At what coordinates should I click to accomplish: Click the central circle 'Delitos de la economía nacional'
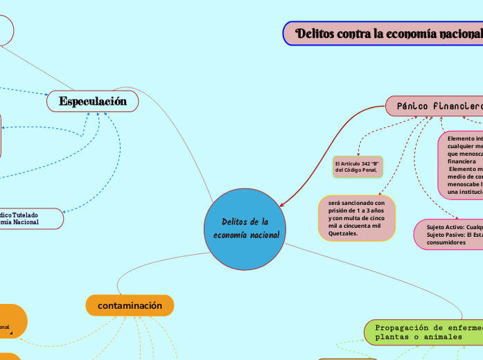coord(246,228)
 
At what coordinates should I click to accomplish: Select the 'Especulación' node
coord(92,102)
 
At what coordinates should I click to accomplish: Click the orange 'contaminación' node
coord(130,305)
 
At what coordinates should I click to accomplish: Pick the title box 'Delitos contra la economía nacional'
coord(383,33)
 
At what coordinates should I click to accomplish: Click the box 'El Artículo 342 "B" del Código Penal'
coord(357,166)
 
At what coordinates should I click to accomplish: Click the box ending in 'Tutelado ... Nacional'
coord(28,218)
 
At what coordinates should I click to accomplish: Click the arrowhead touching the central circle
coord(282,206)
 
